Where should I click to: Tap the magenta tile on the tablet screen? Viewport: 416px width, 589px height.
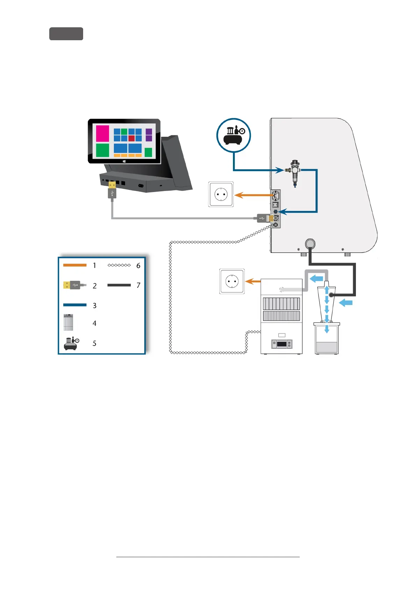tap(102, 133)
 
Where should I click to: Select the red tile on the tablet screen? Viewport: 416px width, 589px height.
tap(131, 138)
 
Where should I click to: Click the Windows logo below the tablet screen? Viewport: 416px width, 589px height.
tap(124, 161)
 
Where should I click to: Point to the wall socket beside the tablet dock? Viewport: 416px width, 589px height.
tap(221, 194)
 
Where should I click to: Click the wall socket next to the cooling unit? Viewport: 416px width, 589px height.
tap(232, 281)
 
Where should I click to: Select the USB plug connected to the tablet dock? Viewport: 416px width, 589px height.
tap(112, 190)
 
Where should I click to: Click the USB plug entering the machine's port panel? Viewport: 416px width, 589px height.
tap(264, 218)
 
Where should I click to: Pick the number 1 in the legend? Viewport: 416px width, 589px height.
tap(94, 265)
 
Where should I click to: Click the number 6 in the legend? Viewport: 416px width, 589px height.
tap(138, 266)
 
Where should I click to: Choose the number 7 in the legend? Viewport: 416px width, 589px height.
tap(138, 285)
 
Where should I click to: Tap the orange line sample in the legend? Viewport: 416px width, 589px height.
tap(75, 265)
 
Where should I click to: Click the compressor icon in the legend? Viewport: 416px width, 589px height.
tap(71, 343)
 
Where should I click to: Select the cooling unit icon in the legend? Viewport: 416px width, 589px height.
tap(68, 322)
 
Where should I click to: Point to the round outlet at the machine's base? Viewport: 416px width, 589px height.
tap(310, 243)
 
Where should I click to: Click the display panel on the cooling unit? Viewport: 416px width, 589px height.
tap(282, 344)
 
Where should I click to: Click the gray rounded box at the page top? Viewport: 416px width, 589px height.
tap(66, 34)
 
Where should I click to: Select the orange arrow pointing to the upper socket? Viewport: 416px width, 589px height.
tap(253, 195)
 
